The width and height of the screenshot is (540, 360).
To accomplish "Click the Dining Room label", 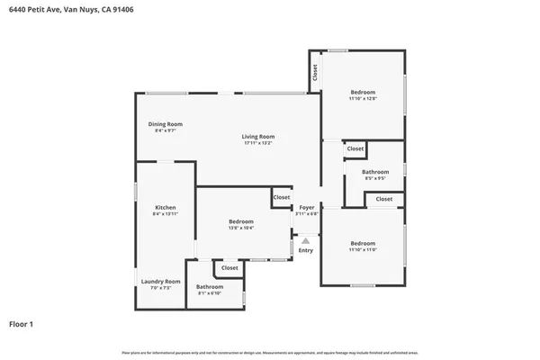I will pos(166,124).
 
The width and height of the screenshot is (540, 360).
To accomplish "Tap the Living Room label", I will pos(257,136).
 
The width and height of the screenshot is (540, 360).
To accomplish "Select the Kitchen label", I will pos(165,207).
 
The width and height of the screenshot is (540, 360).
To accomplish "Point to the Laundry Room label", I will pos(160,281).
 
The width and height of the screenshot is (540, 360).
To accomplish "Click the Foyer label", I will pos(307,207).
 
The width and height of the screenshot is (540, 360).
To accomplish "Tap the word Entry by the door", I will pos(306,250).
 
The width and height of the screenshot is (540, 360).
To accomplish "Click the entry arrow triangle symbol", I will pos(306,240).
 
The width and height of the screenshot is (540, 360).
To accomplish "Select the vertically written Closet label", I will pos(315,72).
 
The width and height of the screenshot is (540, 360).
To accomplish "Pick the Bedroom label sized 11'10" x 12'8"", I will pos(363,92).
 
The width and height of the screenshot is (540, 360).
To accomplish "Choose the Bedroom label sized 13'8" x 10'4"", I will pos(241,221).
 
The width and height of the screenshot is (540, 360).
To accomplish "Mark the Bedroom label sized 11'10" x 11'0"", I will pos(363,243).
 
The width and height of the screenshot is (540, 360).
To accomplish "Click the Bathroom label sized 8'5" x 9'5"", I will pos(375,171).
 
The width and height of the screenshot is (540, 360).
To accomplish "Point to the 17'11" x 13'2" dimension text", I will pos(257,143).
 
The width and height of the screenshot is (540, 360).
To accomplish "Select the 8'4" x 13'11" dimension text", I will pos(165,214).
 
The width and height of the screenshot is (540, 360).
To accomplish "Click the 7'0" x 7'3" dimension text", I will pos(160,288).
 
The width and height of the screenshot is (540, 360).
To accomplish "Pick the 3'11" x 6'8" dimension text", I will pos(307,214).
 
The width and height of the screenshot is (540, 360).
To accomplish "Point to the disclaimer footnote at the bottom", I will pos(270,352).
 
